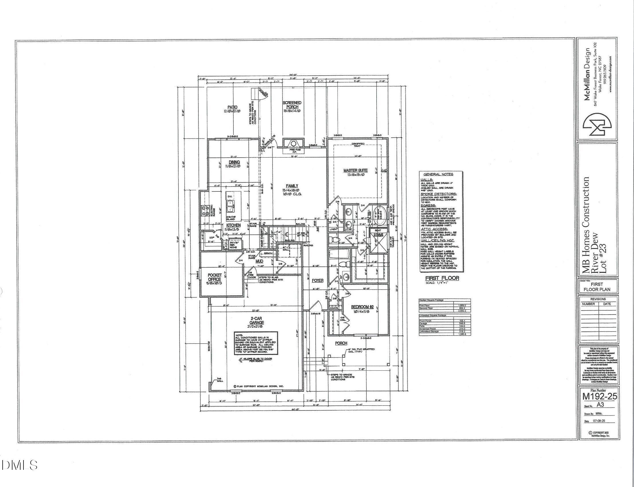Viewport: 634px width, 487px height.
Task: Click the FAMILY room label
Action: pyautogui.click(x=292, y=186)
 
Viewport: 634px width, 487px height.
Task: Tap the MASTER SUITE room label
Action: pyautogui.click(x=356, y=170)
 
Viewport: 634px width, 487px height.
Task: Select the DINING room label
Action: pyautogui.click(x=234, y=162)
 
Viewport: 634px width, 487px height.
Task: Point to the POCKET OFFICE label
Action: pyautogui.click(x=215, y=277)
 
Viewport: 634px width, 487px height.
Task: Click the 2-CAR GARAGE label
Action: pyautogui.click(x=257, y=320)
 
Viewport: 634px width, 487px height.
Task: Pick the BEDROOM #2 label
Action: pyautogui.click(x=362, y=307)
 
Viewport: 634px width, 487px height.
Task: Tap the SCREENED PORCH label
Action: pyautogui.click(x=292, y=105)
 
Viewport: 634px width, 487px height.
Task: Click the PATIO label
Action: pyautogui.click(x=233, y=107)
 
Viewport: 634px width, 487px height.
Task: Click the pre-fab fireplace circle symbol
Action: pyautogui.click(x=293, y=144)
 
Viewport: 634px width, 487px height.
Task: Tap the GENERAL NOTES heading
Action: pyautogui.click(x=438, y=174)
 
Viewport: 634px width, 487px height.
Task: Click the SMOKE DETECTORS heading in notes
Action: pyautogui.click(x=438, y=194)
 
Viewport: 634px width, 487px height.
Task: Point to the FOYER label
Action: pyautogui.click(x=317, y=281)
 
